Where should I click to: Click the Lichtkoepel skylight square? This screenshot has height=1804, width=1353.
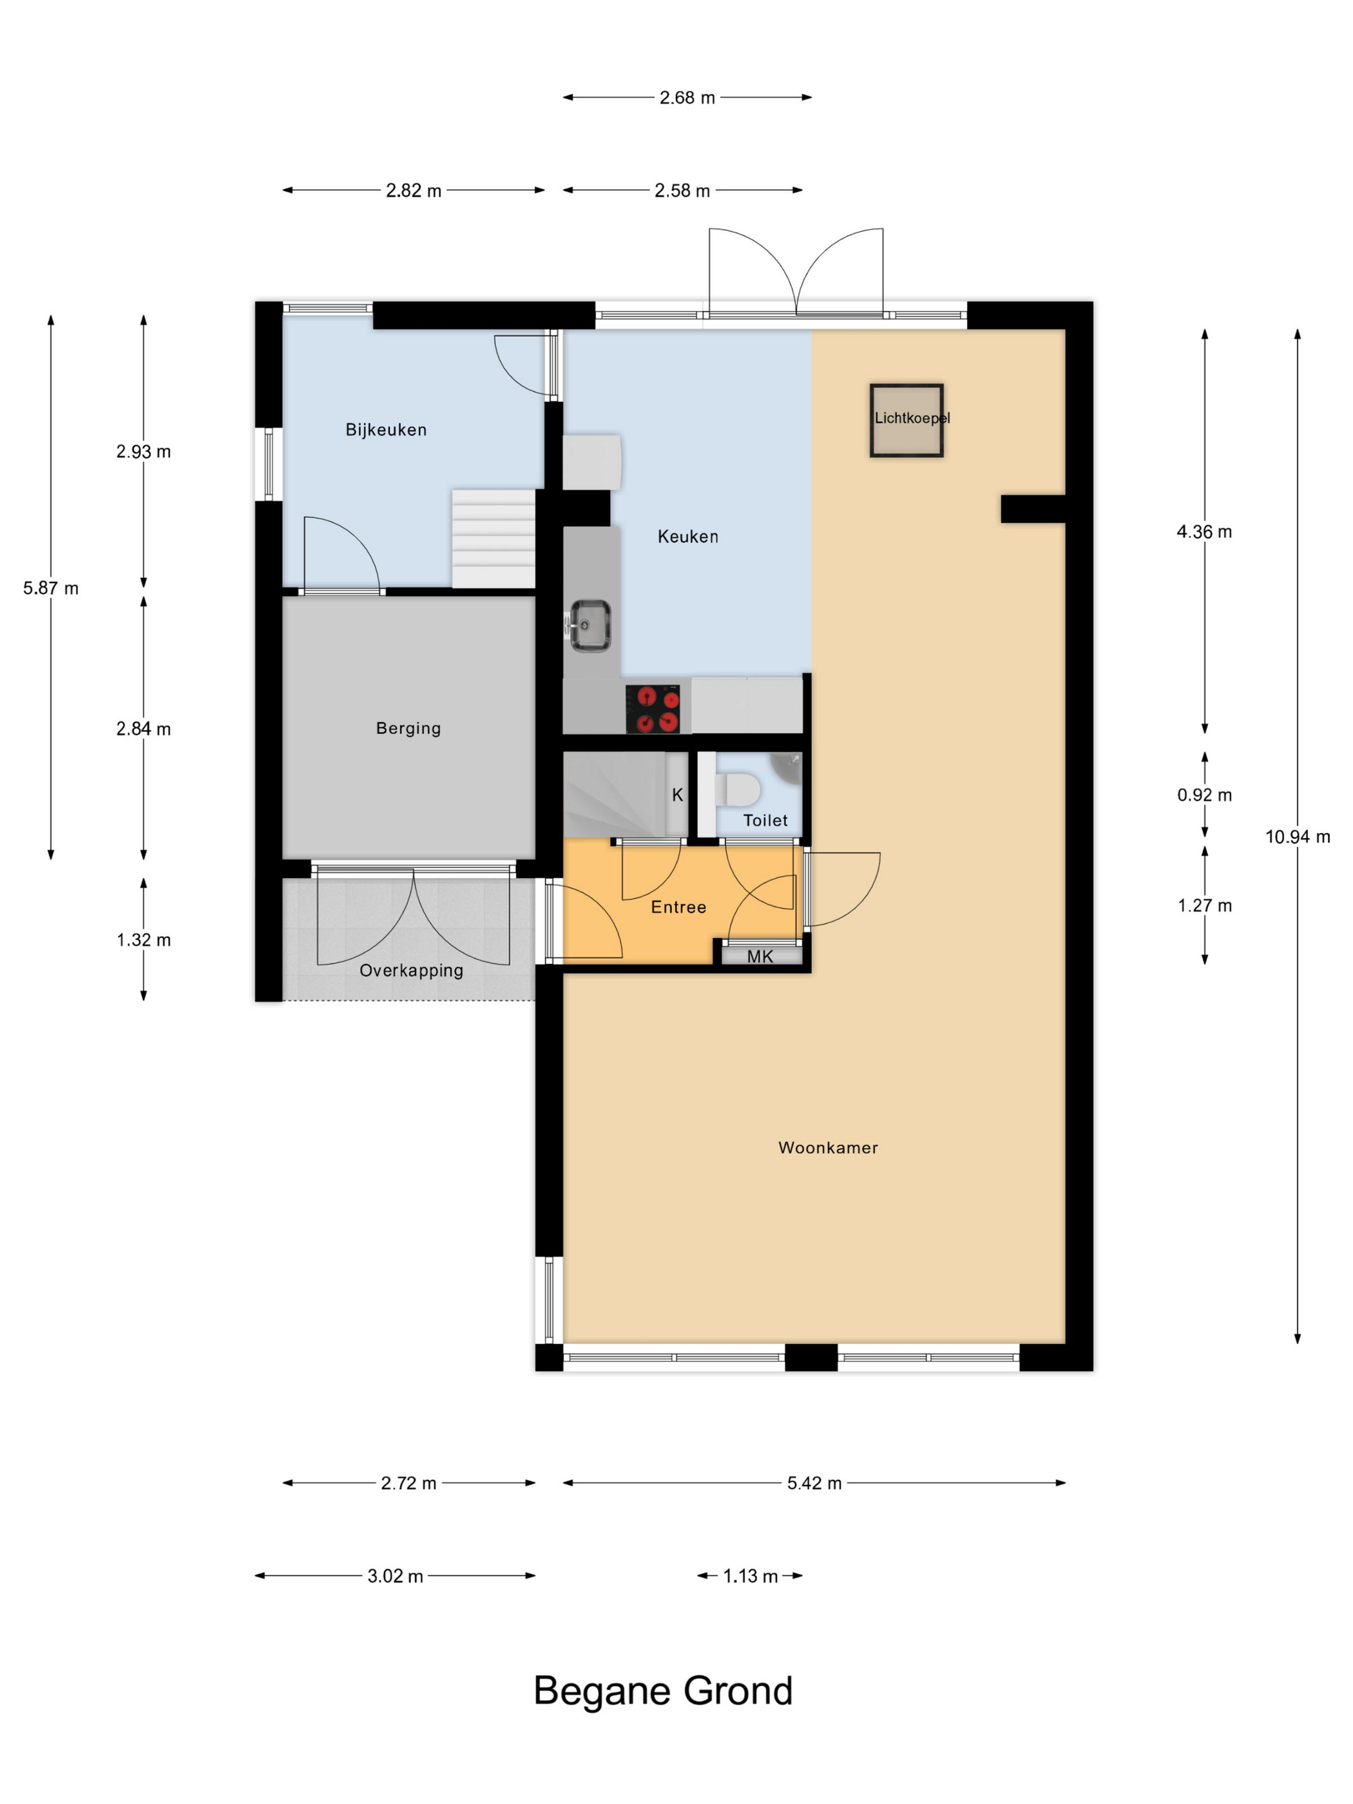pyautogui.click(x=906, y=420)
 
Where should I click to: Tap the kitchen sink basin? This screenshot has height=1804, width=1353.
pyautogui.click(x=590, y=626)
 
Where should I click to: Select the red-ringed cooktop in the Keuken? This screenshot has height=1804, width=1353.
pyautogui.click(x=653, y=709)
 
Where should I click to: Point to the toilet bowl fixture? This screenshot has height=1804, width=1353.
pyautogui.click(x=738, y=789)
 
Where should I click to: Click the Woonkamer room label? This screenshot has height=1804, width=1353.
pyautogui.click(x=828, y=1147)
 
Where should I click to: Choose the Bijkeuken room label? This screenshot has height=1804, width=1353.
pyautogui.click(x=386, y=430)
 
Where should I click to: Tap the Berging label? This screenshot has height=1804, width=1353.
pyautogui.click(x=408, y=728)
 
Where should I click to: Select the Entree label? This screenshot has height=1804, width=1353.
pyautogui.click(x=678, y=907)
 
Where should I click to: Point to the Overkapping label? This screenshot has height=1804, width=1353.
pyautogui.click(x=411, y=970)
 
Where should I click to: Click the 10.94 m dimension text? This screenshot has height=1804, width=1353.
pyautogui.click(x=1298, y=837)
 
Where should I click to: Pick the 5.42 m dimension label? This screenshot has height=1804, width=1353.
pyautogui.click(x=814, y=1483)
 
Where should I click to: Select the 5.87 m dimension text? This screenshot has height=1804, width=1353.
pyautogui.click(x=50, y=588)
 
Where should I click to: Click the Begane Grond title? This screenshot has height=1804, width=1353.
pyautogui.click(x=663, y=1691)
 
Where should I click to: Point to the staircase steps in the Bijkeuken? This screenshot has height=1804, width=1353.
pyautogui.click(x=494, y=538)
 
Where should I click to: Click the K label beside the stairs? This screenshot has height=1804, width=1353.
pyautogui.click(x=677, y=795)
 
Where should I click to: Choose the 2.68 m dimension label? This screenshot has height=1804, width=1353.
pyautogui.click(x=687, y=98)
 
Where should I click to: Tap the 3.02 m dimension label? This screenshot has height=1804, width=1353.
pyautogui.click(x=395, y=1576)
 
